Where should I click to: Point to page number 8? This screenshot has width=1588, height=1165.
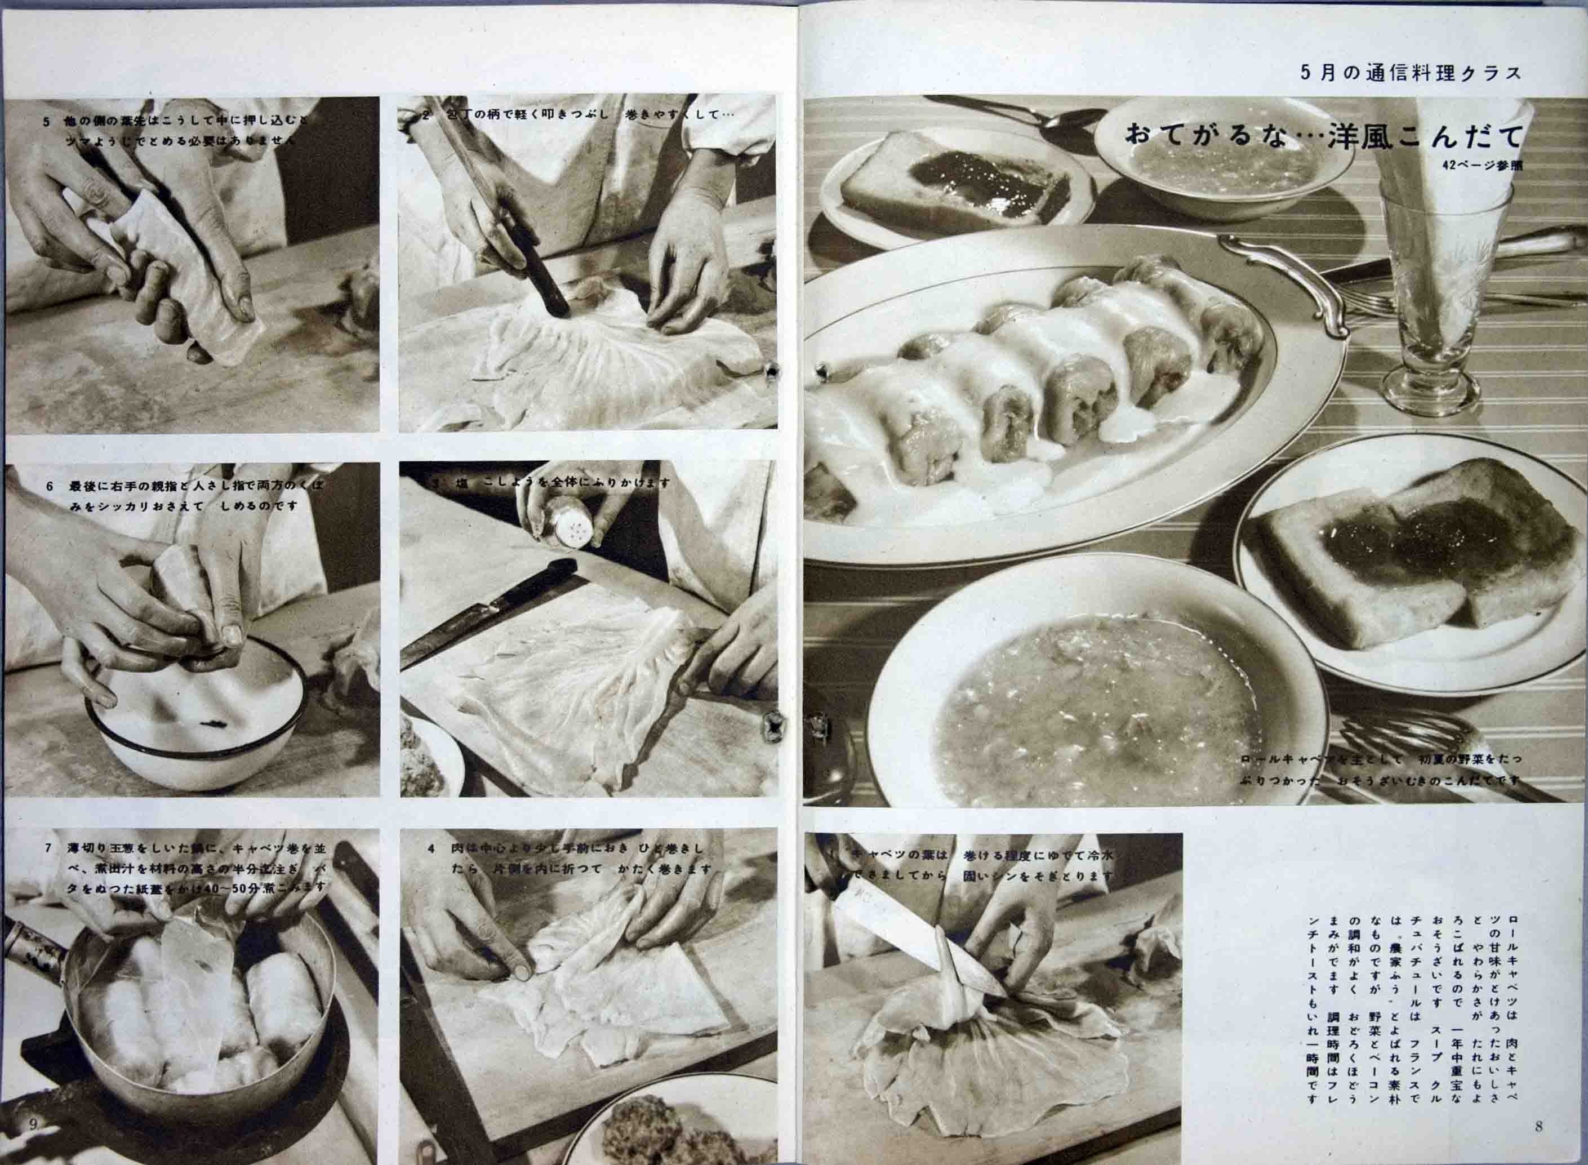click(1538, 1126)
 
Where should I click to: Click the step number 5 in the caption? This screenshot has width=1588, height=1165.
click(47, 121)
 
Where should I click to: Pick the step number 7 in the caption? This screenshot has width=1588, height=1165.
click(48, 848)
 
